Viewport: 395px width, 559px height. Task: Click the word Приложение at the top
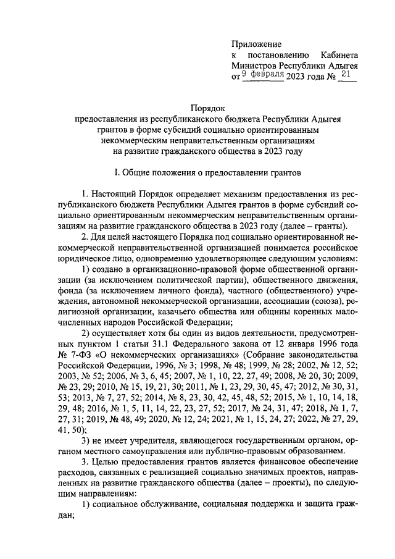(256, 44)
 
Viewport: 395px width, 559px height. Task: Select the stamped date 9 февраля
(262, 75)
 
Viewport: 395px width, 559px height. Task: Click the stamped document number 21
(345, 75)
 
